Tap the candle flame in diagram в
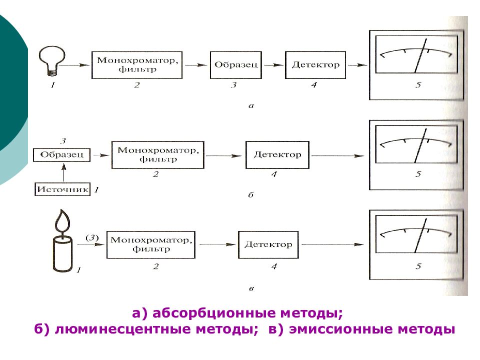(62, 220)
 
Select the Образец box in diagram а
(235, 65)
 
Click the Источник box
(62, 189)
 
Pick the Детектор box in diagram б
(277, 155)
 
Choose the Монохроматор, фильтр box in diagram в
(151, 244)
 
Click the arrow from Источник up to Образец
(63, 172)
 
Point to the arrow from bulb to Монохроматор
(74, 65)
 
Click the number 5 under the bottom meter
(418, 266)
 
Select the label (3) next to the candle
(92, 237)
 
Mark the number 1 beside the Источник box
(96, 190)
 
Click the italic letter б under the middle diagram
(251, 194)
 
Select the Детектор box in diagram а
(315, 65)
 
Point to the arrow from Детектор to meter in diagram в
(333, 244)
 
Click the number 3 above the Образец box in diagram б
(63, 141)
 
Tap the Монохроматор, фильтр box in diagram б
(157, 155)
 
